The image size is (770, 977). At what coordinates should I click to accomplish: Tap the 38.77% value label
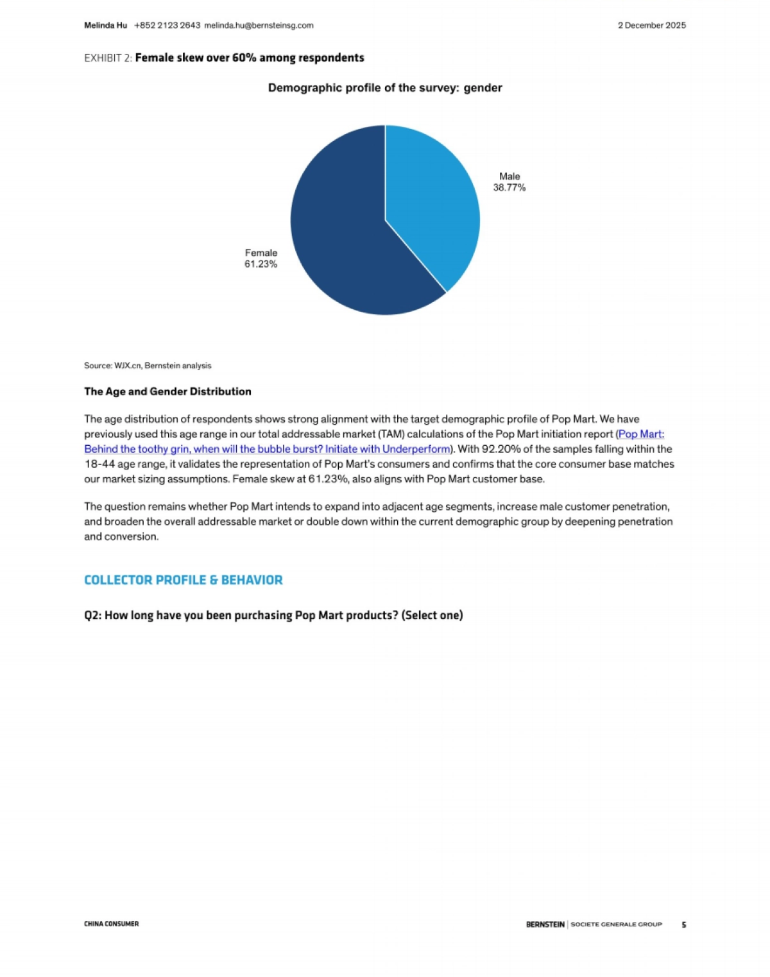(509, 187)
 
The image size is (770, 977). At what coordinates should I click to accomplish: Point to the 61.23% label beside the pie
(261, 264)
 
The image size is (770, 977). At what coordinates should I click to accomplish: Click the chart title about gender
(385, 88)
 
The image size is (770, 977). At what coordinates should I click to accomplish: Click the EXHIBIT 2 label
(108, 58)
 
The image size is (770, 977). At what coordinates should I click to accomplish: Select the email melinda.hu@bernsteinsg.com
(259, 26)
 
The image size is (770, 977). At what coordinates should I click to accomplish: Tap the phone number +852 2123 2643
(167, 26)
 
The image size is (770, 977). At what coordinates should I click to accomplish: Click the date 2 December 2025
(651, 26)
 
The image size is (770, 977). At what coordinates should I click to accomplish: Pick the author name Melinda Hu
(105, 26)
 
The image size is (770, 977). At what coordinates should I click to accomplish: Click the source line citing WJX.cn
(148, 366)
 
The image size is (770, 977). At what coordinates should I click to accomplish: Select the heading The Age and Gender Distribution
(167, 391)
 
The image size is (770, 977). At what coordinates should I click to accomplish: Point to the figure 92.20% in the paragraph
(501, 449)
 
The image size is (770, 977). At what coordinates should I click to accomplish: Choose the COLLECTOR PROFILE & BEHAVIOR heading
(184, 580)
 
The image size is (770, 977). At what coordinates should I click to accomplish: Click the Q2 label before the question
(92, 615)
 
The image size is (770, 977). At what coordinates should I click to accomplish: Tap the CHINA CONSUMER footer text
(111, 924)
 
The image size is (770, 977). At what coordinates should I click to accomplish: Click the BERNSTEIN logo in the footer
(545, 924)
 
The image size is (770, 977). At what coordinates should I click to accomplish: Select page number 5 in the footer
(683, 924)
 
